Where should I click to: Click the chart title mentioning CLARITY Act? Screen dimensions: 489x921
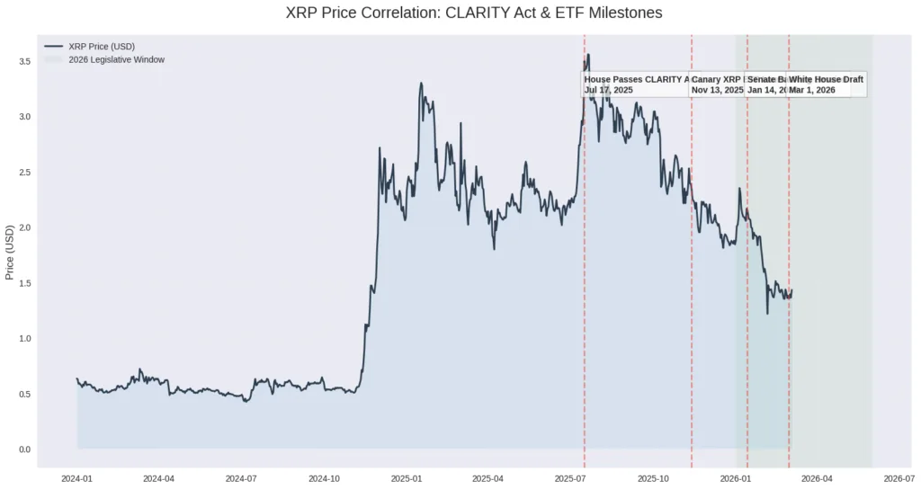pyautogui.click(x=460, y=13)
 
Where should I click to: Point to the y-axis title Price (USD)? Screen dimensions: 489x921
pyautogui.click(x=10, y=253)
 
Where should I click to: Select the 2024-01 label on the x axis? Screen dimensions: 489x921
pyautogui.click(x=77, y=478)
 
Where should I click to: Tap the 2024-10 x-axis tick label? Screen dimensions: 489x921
pyautogui.click(x=325, y=478)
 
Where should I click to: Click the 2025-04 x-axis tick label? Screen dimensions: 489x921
pyautogui.click(x=488, y=478)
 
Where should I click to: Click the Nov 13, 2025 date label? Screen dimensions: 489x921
pyautogui.click(x=717, y=90)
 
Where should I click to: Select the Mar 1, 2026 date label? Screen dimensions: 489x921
pyautogui.click(x=813, y=90)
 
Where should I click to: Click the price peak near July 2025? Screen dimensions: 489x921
pyautogui.click(x=588, y=55)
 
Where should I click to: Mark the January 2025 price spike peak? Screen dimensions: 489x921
pyautogui.click(x=421, y=84)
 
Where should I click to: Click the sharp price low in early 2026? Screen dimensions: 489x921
pyautogui.click(x=767, y=313)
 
